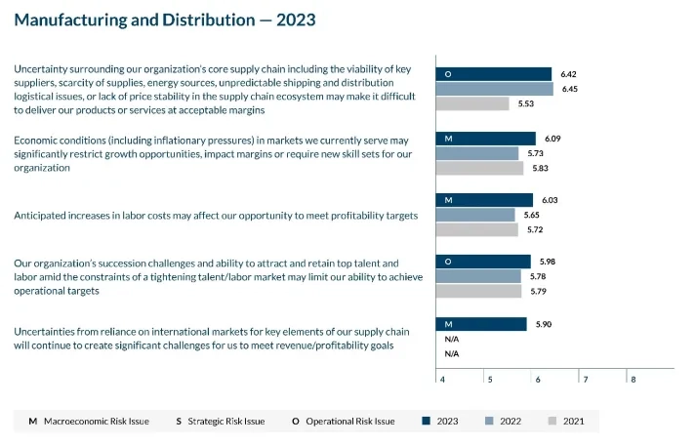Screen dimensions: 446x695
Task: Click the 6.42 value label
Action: (568, 74)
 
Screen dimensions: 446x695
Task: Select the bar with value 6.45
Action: (494, 89)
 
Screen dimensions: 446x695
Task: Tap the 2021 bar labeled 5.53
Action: (472, 103)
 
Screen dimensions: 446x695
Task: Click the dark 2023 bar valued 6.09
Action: (486, 139)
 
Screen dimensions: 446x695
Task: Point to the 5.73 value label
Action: (534, 153)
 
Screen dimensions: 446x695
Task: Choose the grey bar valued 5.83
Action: (479, 168)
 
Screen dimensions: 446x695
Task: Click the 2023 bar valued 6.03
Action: (484, 200)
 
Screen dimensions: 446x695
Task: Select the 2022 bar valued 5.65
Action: (475, 215)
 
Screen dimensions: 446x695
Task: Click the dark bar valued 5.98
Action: (483, 262)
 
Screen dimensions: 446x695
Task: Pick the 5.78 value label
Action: (536, 276)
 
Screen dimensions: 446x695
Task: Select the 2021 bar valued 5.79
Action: (478, 291)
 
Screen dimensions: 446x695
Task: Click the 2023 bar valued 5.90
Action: (481, 324)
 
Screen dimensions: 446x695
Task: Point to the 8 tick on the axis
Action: (634, 379)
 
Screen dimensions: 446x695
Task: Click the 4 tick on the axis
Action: (443, 379)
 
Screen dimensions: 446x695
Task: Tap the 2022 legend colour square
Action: (490, 422)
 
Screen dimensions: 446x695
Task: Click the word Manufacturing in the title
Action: (68, 20)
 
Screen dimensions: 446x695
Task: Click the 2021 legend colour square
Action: (553, 422)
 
